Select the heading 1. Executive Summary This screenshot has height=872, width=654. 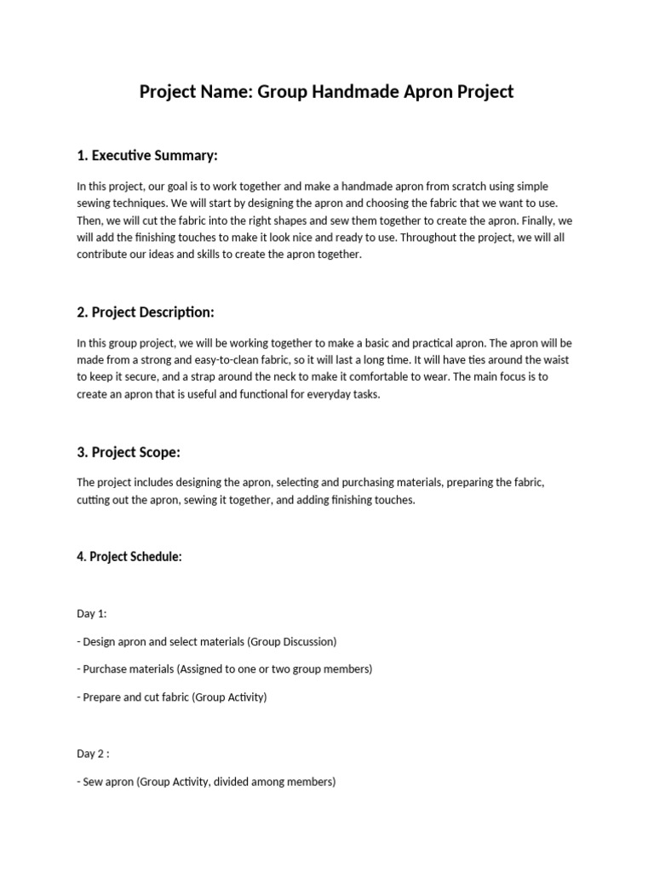pyautogui.click(x=147, y=155)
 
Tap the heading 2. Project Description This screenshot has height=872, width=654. pyautogui.click(x=152, y=312)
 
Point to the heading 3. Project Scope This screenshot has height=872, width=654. pyautogui.click(x=128, y=452)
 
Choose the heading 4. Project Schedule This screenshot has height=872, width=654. pyautogui.click(x=129, y=557)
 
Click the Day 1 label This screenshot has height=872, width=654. pyautogui.click(x=92, y=613)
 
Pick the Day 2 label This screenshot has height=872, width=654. pyautogui.click(x=94, y=753)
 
